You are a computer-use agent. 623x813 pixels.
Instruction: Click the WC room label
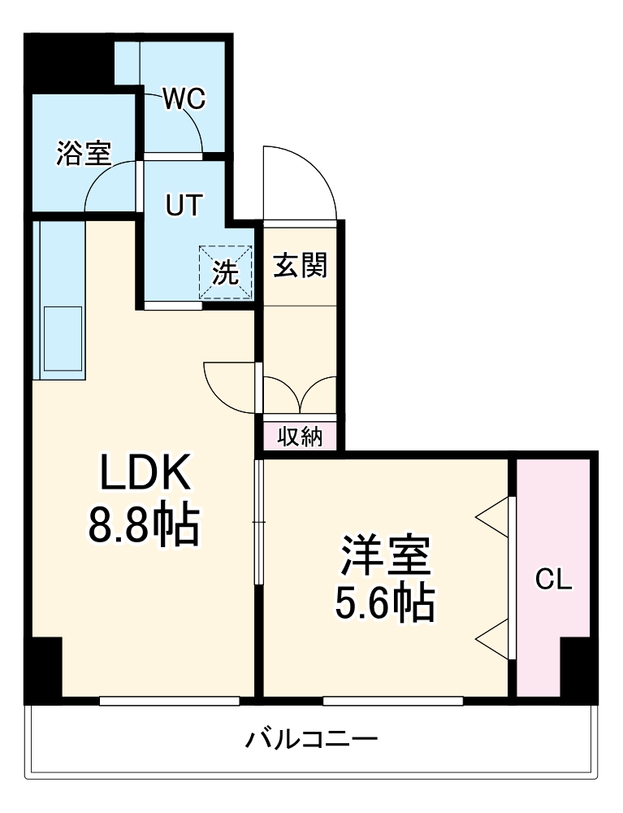tap(184, 99)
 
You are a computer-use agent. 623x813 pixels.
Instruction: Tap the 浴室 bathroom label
tap(84, 154)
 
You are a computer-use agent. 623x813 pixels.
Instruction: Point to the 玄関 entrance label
tap(300, 265)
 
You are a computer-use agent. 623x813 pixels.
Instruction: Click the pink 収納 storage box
tap(301, 437)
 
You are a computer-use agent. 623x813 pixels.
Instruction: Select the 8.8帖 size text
tap(145, 526)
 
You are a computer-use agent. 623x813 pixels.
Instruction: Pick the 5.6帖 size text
tap(384, 603)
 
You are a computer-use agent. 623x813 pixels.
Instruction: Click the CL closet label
tap(554, 580)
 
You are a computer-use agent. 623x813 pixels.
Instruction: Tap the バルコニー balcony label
tap(312, 740)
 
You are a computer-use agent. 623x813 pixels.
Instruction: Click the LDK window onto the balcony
tap(170, 700)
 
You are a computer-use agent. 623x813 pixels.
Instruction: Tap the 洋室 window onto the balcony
tap(393, 700)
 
